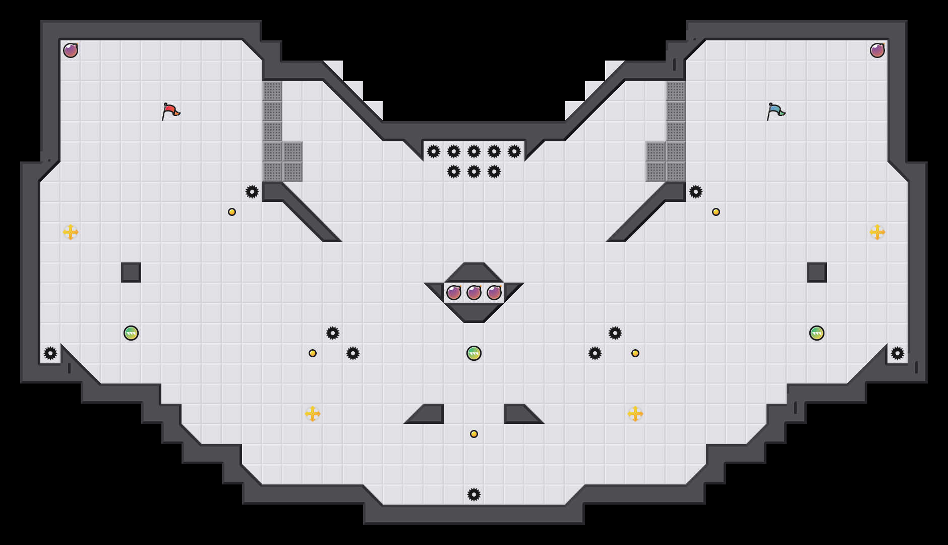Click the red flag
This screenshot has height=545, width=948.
(x=170, y=111)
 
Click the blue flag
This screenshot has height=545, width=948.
(x=775, y=111)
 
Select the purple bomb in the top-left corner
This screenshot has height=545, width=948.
(x=71, y=50)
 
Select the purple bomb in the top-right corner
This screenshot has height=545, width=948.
(x=877, y=50)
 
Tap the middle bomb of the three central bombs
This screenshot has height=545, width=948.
(x=474, y=293)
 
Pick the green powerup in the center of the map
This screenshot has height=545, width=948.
(x=474, y=353)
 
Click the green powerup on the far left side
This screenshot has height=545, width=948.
(x=131, y=333)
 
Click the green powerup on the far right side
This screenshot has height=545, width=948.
(x=817, y=333)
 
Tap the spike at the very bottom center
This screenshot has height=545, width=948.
(x=474, y=495)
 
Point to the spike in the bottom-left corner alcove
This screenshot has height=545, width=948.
(x=50, y=353)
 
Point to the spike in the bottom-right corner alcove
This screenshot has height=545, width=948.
(x=898, y=353)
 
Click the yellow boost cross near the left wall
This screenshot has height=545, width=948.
(x=71, y=232)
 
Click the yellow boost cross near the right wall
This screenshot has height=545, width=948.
(x=877, y=232)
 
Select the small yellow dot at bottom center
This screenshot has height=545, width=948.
(x=474, y=434)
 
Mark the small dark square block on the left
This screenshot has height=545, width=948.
(x=131, y=272)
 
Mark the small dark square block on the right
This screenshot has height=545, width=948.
(x=817, y=272)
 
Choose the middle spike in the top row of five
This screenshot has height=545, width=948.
(x=474, y=151)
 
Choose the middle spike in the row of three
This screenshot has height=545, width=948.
(x=474, y=172)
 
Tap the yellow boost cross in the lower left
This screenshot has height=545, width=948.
(x=313, y=414)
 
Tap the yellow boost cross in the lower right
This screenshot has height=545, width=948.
(x=635, y=414)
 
